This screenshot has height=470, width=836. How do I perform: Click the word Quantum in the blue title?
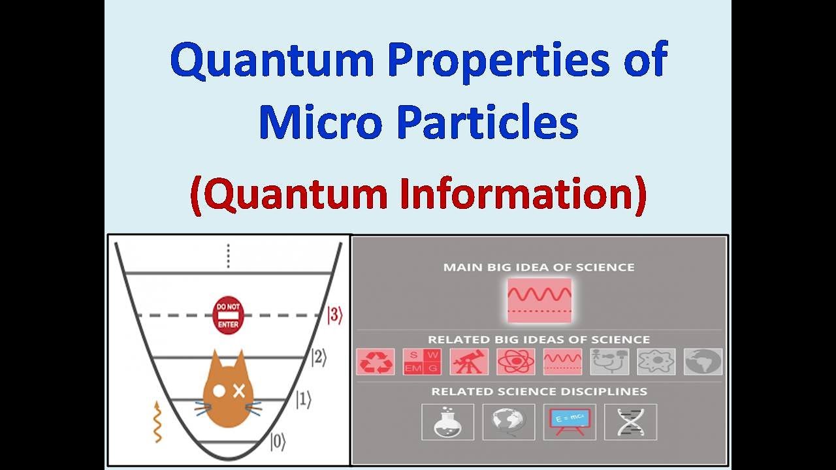pyautogui.click(x=271, y=60)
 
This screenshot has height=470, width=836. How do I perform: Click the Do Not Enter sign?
pyautogui.click(x=228, y=315)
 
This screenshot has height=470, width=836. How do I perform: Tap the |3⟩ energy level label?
pyautogui.click(x=334, y=315)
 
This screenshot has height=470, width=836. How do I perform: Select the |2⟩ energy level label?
pyautogui.click(x=318, y=358)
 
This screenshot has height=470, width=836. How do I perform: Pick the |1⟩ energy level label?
pyautogui.click(x=303, y=399)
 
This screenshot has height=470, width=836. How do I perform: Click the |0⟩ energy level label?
pyautogui.click(x=278, y=442)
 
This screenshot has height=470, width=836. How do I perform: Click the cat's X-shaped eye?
pyautogui.click(x=239, y=391)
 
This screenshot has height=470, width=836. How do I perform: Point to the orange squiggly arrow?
pyautogui.click(x=157, y=422)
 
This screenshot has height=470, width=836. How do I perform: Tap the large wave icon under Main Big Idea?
pyautogui.click(x=539, y=300)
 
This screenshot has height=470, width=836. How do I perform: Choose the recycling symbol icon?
pyautogui.click(x=376, y=362)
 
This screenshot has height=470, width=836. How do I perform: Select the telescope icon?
pyautogui.click(x=468, y=362)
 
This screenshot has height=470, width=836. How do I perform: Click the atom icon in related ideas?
pyautogui.click(x=515, y=362)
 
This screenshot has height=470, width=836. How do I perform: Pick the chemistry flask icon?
pyautogui.click(x=443, y=422)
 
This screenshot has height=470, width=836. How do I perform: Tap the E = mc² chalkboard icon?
pyautogui.click(x=570, y=422)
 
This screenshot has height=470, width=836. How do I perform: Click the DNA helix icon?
pyautogui.click(x=630, y=422)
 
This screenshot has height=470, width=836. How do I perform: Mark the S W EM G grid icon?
pyautogui.click(x=422, y=362)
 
